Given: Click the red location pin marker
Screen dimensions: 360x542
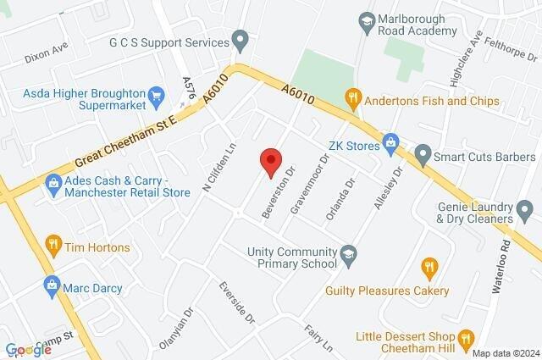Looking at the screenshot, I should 270,161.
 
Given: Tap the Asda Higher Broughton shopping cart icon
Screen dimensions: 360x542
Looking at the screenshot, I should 156,95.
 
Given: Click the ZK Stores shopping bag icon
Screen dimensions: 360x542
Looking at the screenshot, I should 390,141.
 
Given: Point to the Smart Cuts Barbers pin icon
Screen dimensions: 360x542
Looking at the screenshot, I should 423,156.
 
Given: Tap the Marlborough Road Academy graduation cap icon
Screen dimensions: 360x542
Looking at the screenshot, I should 367,20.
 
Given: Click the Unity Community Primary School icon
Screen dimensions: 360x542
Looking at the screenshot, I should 348,252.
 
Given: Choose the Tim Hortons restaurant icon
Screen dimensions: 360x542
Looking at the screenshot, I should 53,246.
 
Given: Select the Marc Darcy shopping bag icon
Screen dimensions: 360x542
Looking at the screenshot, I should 50,287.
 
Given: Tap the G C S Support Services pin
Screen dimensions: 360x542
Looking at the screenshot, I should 241,39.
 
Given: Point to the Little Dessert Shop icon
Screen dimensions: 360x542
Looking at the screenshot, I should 465,341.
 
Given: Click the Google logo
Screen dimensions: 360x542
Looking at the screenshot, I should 28,350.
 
